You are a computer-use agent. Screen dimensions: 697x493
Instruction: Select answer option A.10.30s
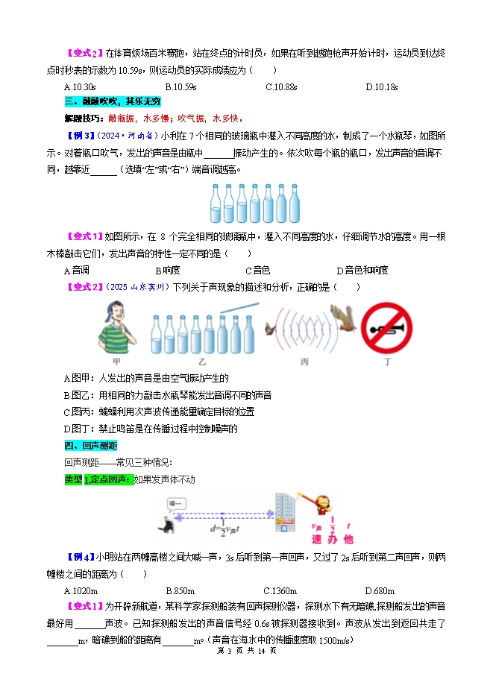[80, 87]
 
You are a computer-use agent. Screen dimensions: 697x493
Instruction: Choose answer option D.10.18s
[381, 87]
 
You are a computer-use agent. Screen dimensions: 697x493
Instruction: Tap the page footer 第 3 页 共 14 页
[245, 651]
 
